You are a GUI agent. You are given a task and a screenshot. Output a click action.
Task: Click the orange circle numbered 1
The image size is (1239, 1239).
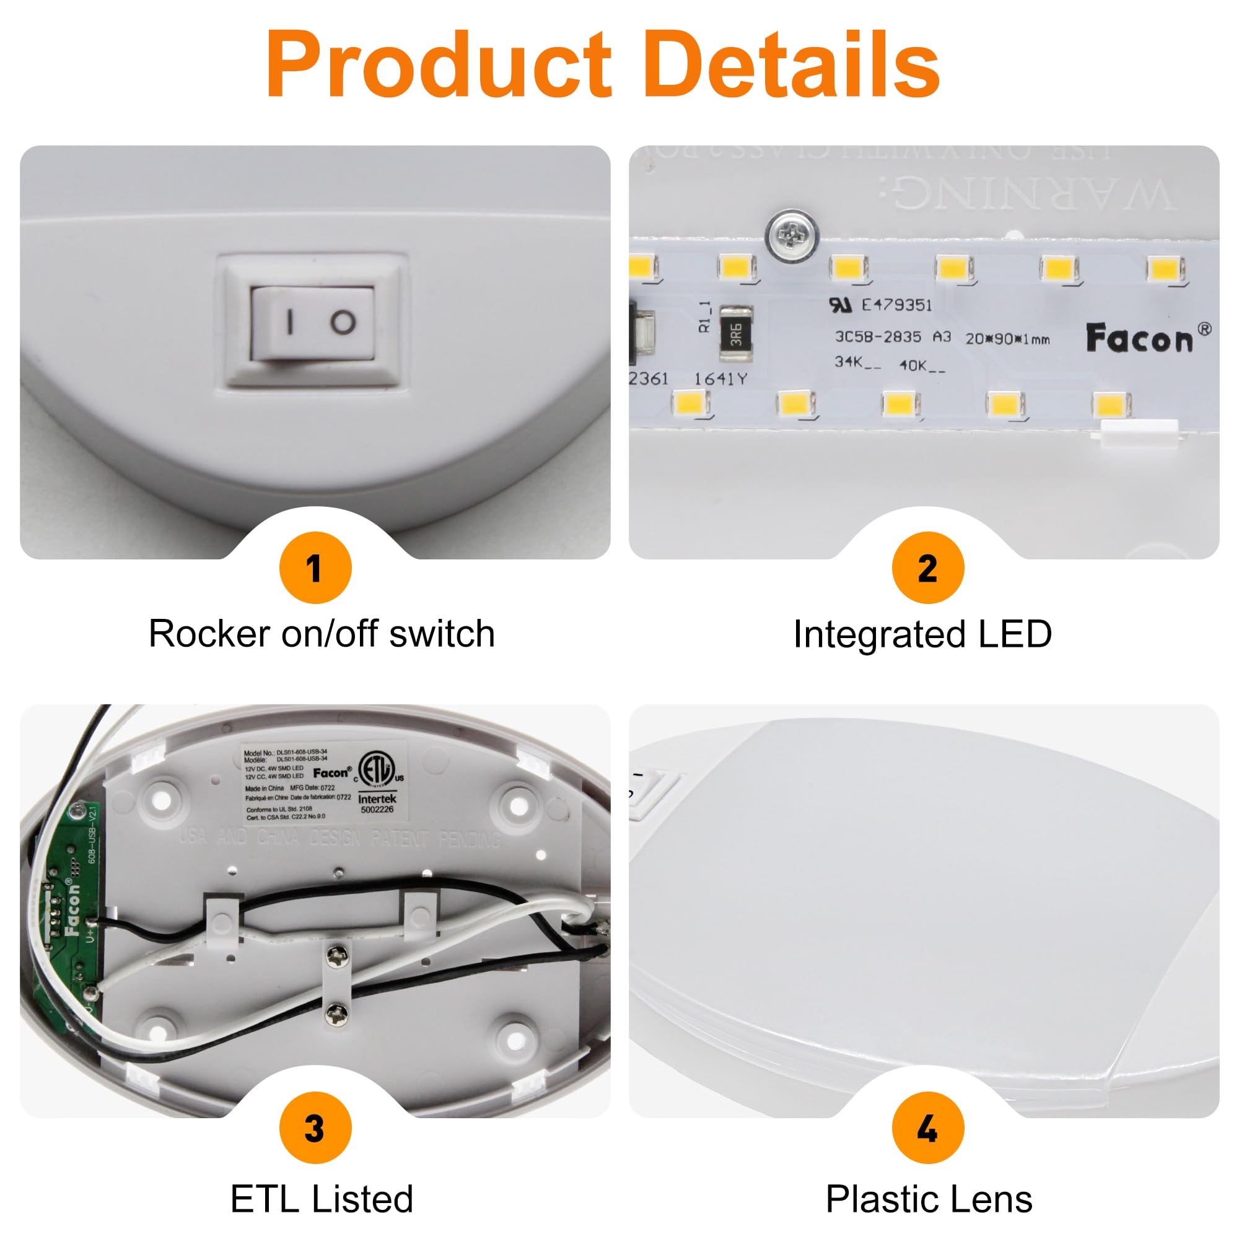tap(315, 567)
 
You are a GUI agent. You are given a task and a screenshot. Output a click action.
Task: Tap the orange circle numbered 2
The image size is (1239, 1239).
tap(927, 567)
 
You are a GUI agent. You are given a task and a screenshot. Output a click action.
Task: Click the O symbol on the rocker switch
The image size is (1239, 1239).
tap(343, 322)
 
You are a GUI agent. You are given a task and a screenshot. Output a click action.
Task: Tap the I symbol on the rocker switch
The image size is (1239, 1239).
tap(290, 322)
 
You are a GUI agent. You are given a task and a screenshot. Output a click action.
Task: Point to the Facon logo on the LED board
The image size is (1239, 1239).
tap(1140, 338)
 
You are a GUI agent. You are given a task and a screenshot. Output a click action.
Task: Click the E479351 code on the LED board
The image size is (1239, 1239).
tap(896, 305)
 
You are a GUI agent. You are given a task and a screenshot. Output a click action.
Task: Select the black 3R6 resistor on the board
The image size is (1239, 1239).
tap(735, 334)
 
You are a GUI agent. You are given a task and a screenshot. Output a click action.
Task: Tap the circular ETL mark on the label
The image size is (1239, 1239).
tap(376, 769)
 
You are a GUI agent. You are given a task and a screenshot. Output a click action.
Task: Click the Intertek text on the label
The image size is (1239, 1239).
tap(377, 799)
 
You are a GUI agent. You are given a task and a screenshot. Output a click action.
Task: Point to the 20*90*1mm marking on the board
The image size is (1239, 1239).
tap(1007, 339)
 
